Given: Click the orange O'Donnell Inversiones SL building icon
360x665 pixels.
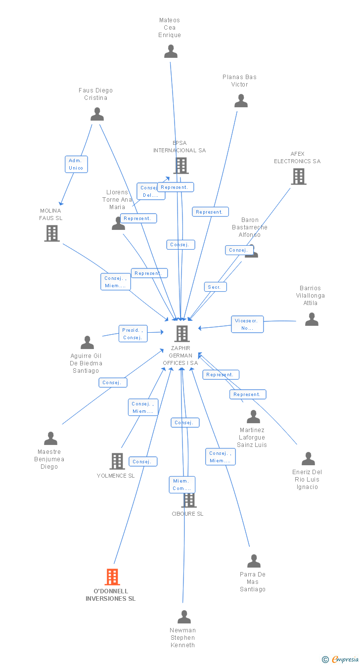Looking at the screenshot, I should point(112,576).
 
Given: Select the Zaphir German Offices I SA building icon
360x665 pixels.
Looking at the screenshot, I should point(181,334).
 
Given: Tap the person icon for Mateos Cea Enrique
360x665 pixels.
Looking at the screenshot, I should point(171,51).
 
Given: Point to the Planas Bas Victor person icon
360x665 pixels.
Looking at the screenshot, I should point(241,101).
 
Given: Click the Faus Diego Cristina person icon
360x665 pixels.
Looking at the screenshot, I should point(97,114).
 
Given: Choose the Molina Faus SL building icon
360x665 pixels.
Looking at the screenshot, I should point(52,233).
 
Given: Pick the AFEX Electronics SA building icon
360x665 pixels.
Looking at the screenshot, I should point(298,177).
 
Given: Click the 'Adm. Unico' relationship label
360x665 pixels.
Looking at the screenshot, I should point(76,164).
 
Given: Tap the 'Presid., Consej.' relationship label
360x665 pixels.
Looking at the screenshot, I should point(133,334).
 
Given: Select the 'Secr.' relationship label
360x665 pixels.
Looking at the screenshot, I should point(215,287).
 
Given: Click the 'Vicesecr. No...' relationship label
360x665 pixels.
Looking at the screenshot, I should point(247,324).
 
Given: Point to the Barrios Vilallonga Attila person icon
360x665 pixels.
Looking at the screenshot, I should point(312,319).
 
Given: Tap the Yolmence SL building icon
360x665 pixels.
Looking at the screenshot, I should point(117,461).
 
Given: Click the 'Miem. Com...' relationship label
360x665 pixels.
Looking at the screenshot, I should point(181,485).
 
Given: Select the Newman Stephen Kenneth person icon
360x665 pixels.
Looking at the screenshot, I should point(184,617).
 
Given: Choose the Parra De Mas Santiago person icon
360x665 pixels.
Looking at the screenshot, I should point(254,561).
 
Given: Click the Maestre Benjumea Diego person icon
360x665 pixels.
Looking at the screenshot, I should point(50,439).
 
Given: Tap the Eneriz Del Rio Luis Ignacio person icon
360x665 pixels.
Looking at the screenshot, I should point(308,459).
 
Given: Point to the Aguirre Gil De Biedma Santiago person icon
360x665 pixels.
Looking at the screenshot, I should point(88,343).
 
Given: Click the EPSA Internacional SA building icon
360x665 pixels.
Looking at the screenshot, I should point(181,166).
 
